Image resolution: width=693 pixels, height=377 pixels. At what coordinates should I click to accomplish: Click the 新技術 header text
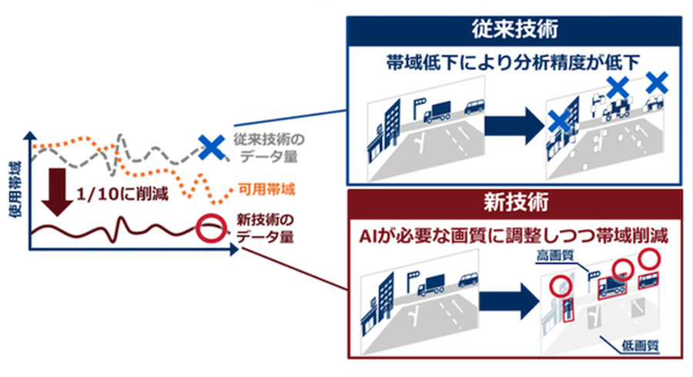tap(514, 205)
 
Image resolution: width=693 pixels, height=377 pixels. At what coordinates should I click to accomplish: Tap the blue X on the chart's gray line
tap(207, 147)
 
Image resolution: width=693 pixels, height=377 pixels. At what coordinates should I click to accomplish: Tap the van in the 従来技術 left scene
tap(474, 109)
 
